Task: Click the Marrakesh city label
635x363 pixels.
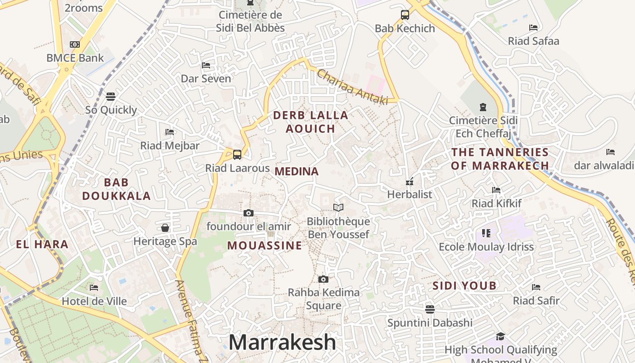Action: [x=282, y=342]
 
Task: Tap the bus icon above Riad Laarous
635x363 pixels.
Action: [x=237, y=154]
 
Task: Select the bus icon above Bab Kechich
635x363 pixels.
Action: [x=405, y=15]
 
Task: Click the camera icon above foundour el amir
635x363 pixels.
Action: [x=248, y=213]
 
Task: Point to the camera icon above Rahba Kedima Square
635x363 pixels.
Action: [x=323, y=279]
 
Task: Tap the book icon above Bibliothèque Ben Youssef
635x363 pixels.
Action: [x=338, y=208]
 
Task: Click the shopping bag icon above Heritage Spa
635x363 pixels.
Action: [x=165, y=227]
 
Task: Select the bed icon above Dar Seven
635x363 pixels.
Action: [x=206, y=65]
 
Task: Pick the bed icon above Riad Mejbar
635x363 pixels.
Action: [x=170, y=132]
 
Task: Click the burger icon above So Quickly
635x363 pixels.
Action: [x=111, y=96]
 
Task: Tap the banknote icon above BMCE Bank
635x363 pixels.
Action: [x=75, y=44]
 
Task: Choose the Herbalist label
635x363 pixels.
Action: [x=410, y=194]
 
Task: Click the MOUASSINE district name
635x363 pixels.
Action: [x=264, y=245]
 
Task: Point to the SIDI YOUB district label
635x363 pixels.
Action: [x=464, y=286]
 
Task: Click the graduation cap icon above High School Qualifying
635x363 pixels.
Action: [x=500, y=336]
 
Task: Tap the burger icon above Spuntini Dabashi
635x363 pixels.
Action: [x=430, y=309]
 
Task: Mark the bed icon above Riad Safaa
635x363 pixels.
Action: [x=533, y=28]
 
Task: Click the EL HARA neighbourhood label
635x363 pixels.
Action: [x=42, y=245]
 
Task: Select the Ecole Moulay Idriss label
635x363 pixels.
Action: [x=486, y=247]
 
